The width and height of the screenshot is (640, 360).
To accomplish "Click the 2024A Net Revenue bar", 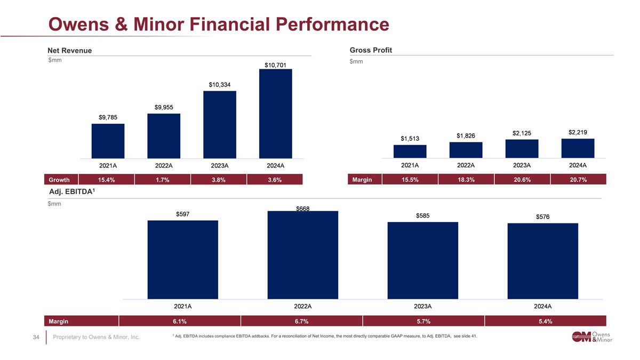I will tap(275, 114).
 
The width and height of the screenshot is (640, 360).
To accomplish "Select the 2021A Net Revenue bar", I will tap(108, 141).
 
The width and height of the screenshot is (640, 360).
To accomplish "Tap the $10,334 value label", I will tap(220, 85).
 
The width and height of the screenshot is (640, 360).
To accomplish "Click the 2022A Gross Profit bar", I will tap(466, 150).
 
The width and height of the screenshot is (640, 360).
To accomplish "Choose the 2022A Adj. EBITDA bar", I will tap(302, 254).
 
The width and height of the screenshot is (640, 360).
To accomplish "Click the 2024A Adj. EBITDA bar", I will tap(542, 260).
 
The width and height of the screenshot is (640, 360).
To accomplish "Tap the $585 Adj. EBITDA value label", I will tap(422, 215).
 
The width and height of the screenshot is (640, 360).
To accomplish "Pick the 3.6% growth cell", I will tap(275, 180).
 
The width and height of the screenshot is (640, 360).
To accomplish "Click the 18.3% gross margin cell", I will tap(466, 180).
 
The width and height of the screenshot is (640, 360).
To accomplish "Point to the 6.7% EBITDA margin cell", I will tap(302, 321).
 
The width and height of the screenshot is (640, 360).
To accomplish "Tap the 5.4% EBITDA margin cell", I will tap(545, 321).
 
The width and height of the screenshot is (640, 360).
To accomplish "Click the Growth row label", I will tap(59, 180).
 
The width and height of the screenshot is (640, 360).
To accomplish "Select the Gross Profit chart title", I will tap(371, 50).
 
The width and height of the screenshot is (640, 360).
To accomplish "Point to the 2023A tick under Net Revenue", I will tap(220, 165).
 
